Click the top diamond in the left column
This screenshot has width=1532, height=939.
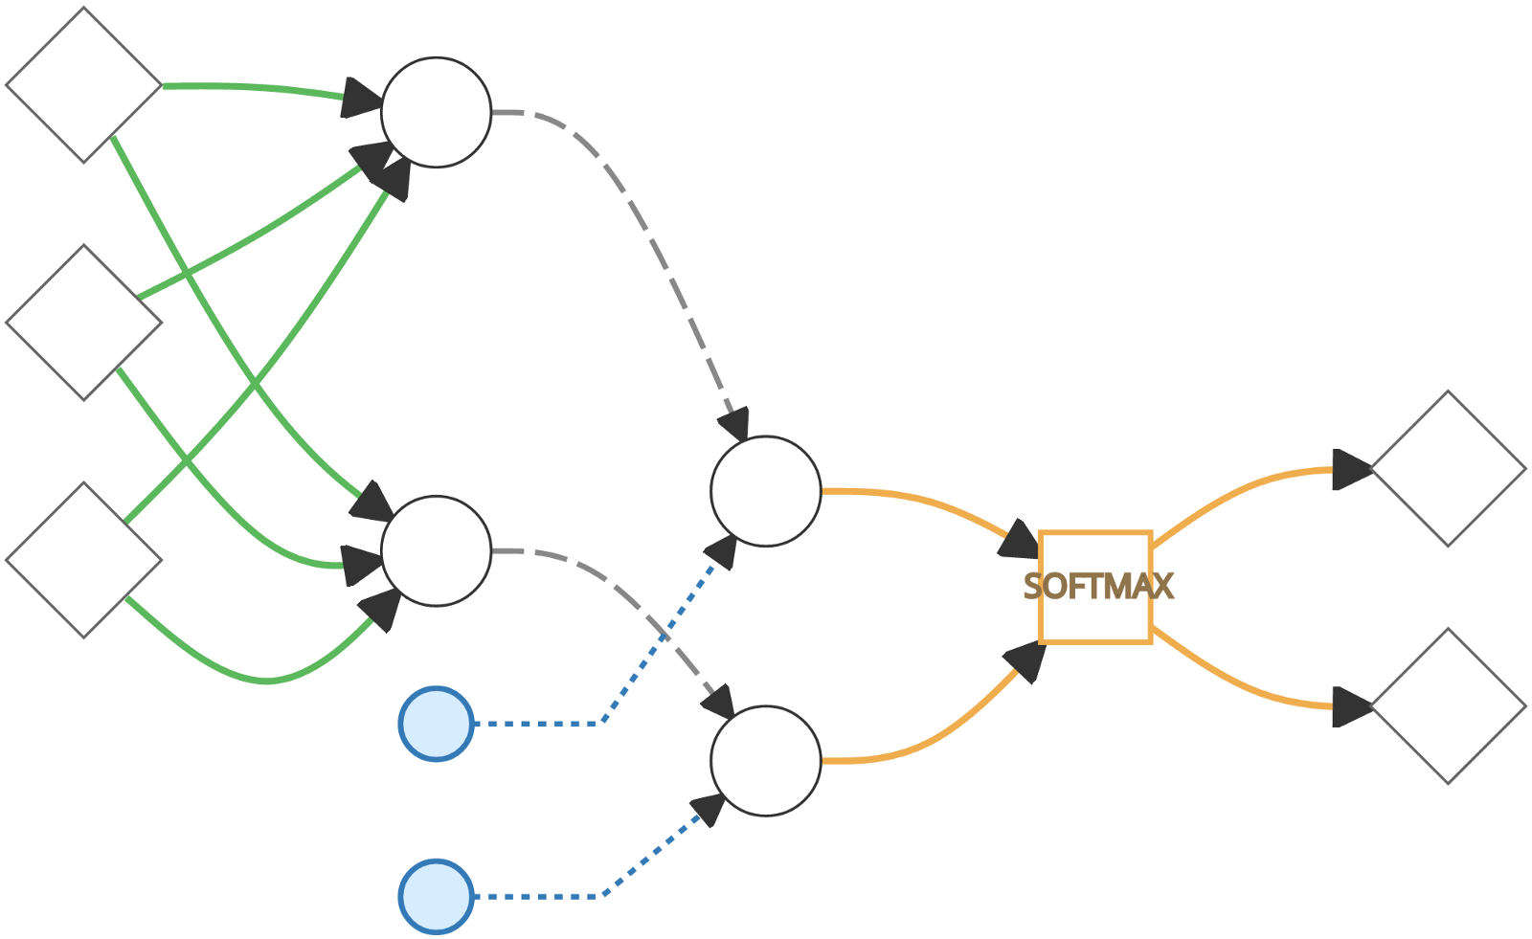(84, 85)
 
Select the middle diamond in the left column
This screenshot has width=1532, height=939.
(84, 323)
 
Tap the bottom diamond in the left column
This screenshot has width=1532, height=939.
(84, 560)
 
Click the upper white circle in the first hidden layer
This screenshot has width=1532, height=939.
(437, 112)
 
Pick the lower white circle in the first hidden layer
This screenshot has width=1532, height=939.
(437, 550)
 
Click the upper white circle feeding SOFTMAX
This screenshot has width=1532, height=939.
(766, 491)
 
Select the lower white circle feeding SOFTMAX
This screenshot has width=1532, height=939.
(766, 761)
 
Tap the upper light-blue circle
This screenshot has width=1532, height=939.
(437, 724)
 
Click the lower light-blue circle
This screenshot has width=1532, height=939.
(437, 897)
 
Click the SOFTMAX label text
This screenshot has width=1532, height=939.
(1098, 587)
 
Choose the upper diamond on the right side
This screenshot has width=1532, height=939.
(1448, 469)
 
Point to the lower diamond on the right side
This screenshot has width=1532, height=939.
(1448, 706)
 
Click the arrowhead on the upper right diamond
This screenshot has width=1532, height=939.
(1352, 470)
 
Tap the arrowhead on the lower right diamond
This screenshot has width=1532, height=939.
(1352, 707)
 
